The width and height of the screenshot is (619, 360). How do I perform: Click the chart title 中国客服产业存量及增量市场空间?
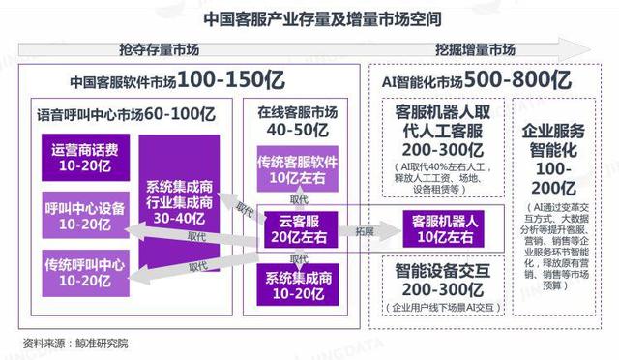pyautogui.click(x=309, y=18)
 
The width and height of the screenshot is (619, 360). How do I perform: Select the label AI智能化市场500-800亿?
pyautogui.click(x=481, y=80)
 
